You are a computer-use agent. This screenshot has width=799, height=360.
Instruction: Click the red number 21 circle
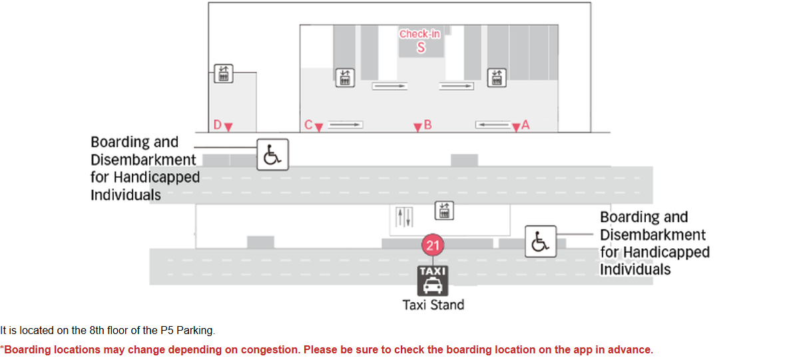(x=433, y=246)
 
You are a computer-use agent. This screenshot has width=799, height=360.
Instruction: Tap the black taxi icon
(x=433, y=281)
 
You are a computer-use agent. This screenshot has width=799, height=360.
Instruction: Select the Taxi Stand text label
(x=433, y=305)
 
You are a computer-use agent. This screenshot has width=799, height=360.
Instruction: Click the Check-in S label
(x=420, y=41)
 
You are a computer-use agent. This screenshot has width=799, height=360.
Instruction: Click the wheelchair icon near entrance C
(x=272, y=154)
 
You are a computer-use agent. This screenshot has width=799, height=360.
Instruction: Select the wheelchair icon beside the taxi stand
(x=541, y=242)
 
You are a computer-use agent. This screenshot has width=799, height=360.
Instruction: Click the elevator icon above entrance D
(x=224, y=73)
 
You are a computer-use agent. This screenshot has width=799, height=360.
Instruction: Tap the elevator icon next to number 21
(x=444, y=211)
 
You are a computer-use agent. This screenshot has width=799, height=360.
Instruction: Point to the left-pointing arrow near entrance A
(x=493, y=124)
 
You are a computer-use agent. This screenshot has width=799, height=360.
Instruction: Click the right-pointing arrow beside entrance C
(x=346, y=124)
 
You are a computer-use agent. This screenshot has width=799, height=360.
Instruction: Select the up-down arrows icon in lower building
(x=404, y=217)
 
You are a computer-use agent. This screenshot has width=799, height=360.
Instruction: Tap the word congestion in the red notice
(x=270, y=349)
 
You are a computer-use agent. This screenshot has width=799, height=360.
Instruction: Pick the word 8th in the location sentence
(x=97, y=331)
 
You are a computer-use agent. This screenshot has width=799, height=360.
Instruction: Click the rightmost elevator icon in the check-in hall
(x=497, y=78)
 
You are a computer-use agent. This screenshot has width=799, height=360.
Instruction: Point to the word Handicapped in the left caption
(x=156, y=177)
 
